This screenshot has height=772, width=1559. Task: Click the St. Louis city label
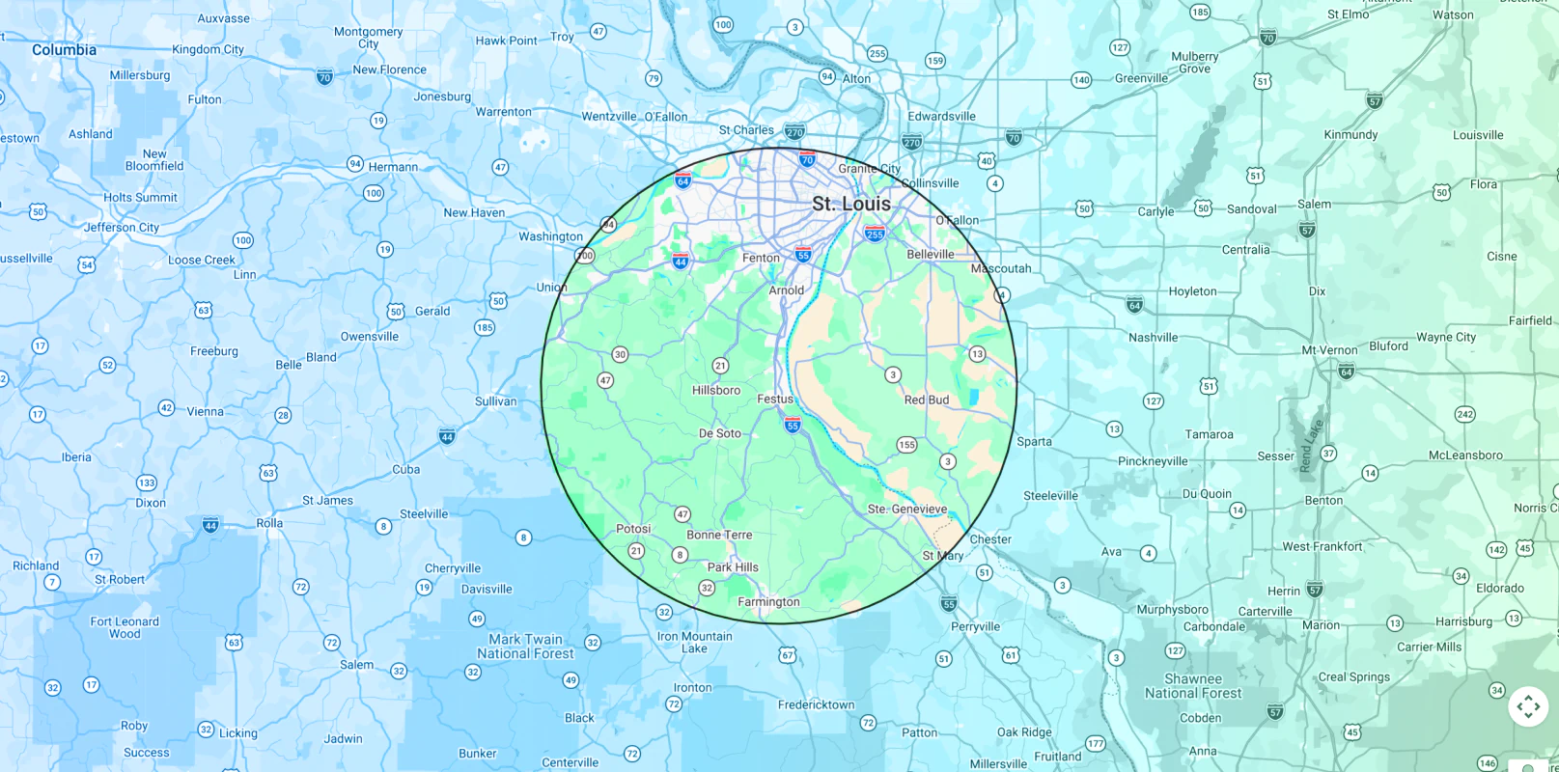click(x=850, y=204)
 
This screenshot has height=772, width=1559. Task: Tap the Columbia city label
click(x=64, y=50)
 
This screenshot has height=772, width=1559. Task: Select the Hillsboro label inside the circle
click(x=715, y=391)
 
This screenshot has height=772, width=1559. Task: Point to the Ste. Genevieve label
click(x=906, y=510)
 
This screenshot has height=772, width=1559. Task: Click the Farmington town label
click(x=768, y=602)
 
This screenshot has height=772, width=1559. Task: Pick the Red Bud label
click(x=926, y=400)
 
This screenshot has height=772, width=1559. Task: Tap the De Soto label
click(x=719, y=433)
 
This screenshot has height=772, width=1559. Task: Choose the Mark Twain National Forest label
click(x=525, y=647)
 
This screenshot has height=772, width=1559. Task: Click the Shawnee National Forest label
click(x=1193, y=686)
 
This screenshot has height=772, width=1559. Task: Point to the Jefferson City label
click(x=122, y=228)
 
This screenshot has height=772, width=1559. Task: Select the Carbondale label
click(x=1213, y=626)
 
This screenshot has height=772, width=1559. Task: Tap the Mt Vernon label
click(x=1329, y=350)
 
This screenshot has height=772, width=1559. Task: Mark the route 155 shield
click(x=906, y=445)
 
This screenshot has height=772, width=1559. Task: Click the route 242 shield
click(x=1464, y=414)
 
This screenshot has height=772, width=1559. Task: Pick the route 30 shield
click(x=620, y=354)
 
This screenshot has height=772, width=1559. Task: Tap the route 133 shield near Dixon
click(x=146, y=482)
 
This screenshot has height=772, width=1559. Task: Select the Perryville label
click(x=975, y=626)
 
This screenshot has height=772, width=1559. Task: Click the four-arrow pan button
click(x=1527, y=706)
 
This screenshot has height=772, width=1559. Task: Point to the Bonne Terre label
click(x=718, y=535)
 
